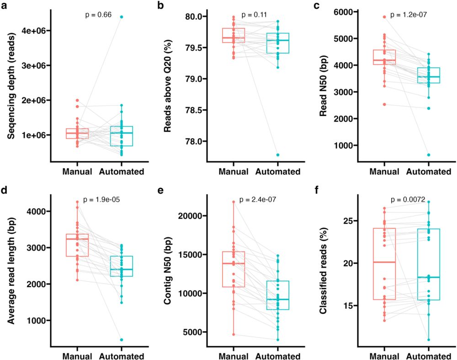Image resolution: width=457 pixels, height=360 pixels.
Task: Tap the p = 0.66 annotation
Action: pos(98,15)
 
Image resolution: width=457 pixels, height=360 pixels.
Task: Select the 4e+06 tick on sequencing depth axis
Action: pos(36,31)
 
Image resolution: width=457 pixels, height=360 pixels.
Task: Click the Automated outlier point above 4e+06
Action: pos(122,17)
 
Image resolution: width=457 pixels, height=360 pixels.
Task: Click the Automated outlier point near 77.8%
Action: pos(277,155)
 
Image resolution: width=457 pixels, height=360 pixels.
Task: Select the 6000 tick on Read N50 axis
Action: pos(345,12)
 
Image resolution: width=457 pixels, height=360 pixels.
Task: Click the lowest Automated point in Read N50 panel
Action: pos(429,155)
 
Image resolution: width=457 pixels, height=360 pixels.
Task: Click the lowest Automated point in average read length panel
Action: pos(122,339)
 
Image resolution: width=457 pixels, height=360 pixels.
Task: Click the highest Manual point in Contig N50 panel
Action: pos(234,202)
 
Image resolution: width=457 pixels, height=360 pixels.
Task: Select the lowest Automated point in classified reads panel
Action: pos(429,339)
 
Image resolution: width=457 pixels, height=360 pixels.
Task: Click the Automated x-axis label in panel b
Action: pos(277,172)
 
